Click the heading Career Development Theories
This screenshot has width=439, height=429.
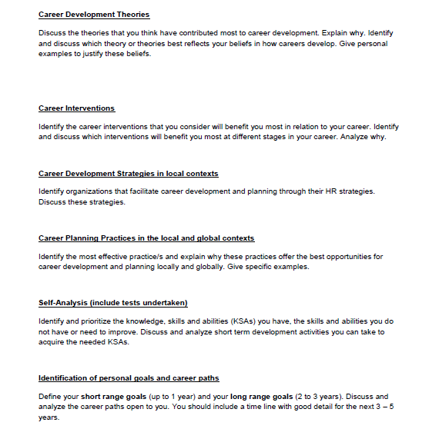pos(93,15)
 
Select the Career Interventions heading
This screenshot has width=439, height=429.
pos(76,108)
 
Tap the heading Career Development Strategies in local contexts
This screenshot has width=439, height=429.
pos(128,174)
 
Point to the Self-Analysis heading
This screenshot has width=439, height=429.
pos(70,303)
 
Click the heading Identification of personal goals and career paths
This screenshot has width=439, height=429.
pos(129,377)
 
